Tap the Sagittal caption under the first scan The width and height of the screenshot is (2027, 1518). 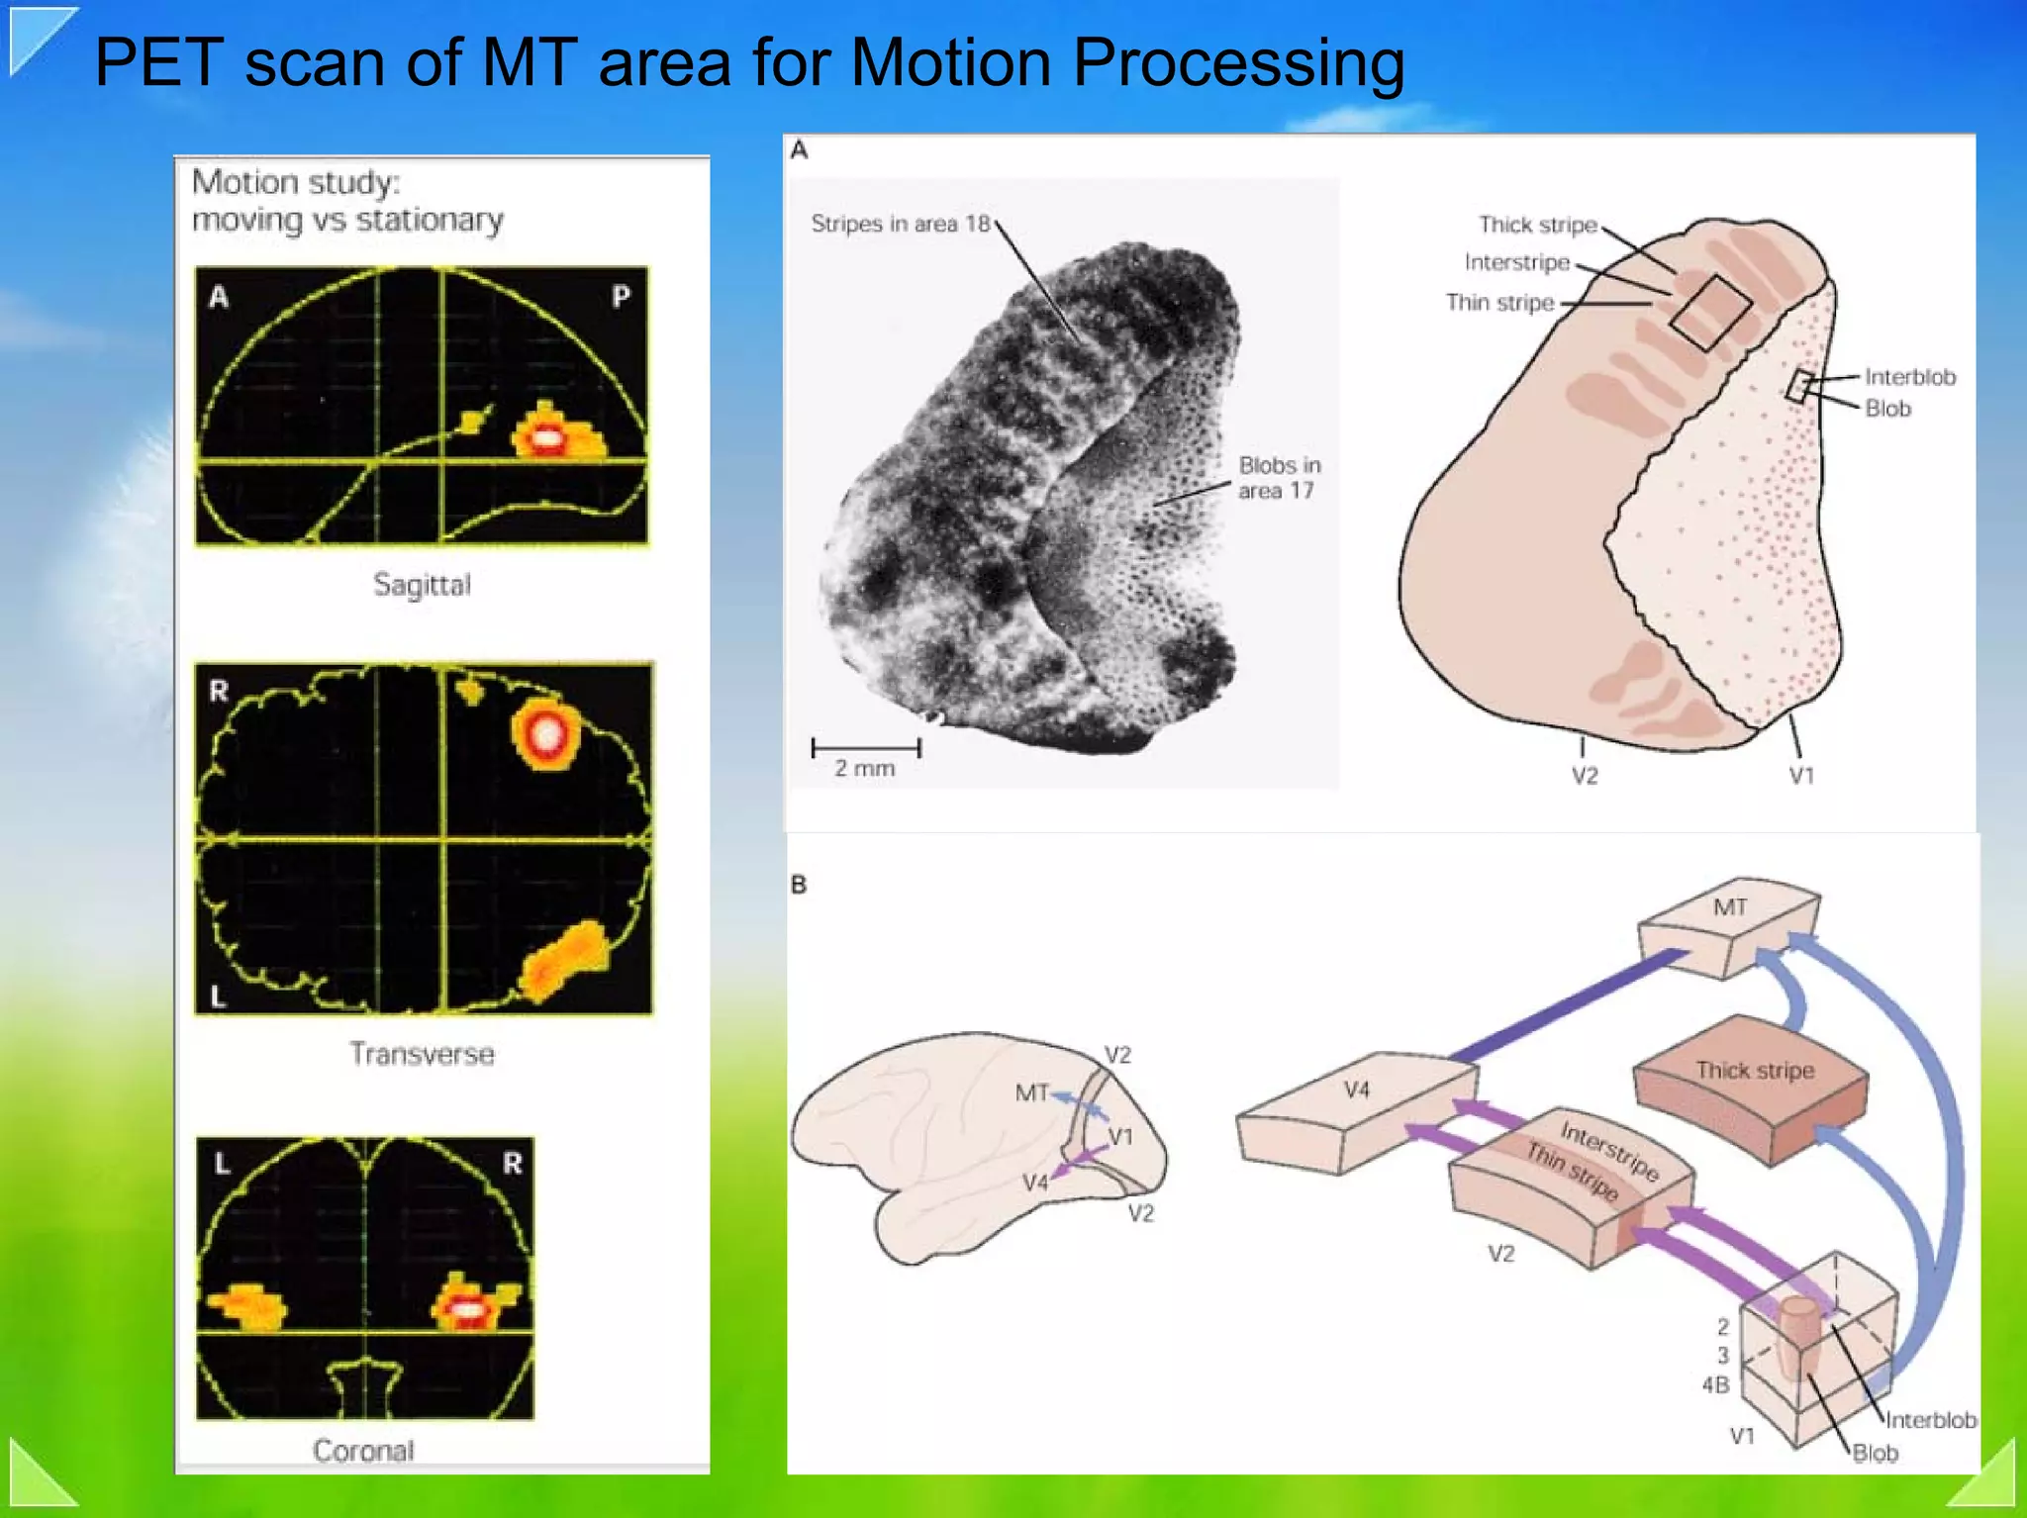(x=422, y=585)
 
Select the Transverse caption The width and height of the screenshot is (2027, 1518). (x=422, y=1053)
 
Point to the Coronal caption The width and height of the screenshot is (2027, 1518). (x=363, y=1451)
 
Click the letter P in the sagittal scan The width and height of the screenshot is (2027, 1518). (x=621, y=296)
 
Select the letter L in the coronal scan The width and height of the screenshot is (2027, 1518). (x=222, y=1165)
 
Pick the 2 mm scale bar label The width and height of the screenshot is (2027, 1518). (x=864, y=769)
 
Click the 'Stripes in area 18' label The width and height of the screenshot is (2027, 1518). (x=900, y=224)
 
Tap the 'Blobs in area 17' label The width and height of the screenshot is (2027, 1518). (x=1279, y=478)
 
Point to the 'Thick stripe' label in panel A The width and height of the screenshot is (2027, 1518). (x=1537, y=225)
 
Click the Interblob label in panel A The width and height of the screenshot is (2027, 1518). (x=1909, y=377)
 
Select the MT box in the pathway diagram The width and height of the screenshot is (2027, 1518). (x=1728, y=925)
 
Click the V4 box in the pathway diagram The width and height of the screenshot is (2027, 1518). (x=1356, y=1108)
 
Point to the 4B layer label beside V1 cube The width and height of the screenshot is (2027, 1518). (x=1715, y=1384)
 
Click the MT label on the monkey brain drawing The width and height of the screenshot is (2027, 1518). (x=1030, y=1092)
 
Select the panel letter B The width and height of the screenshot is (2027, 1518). (x=799, y=885)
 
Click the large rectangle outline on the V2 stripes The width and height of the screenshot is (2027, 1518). (x=1710, y=313)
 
